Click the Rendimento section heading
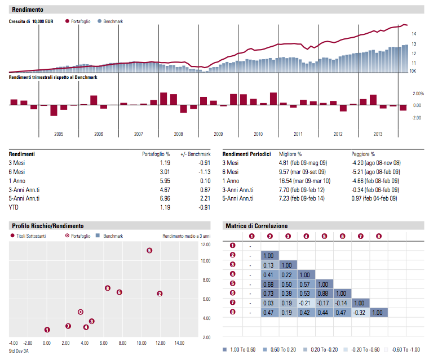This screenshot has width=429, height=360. tap(27, 10)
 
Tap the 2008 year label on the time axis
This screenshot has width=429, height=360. tap(178, 134)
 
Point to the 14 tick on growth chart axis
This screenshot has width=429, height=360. tap(413, 33)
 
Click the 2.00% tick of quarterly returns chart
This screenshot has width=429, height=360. tap(418, 94)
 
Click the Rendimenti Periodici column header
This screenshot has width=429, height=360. tap(246, 154)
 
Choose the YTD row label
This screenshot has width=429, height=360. tap(15, 207)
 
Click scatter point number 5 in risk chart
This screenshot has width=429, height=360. tap(149, 251)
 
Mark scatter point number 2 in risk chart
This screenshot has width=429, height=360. tap(160, 294)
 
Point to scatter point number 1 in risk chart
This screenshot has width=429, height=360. tap(47, 330)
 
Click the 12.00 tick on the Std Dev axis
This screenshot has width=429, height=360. tap(160, 343)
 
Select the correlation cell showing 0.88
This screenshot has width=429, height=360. tap(324, 293)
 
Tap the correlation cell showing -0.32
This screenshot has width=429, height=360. tap(360, 312)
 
